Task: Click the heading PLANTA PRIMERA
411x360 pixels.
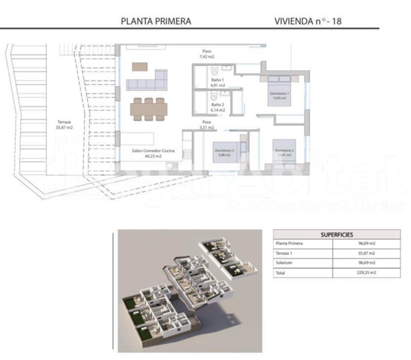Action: pos(156,21)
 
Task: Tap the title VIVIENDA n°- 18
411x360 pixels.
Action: pos(308,21)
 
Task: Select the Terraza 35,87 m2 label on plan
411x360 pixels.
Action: pos(64,125)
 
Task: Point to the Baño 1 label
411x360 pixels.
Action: pos(218,82)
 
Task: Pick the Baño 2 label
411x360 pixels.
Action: pos(218,108)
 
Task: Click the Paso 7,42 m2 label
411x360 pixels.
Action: pos(207,54)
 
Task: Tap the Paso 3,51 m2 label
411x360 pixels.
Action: pos(207,125)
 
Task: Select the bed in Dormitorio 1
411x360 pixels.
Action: pos(279,91)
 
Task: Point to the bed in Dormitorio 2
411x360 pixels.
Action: pos(284,152)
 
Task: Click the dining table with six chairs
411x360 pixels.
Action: pos(149,109)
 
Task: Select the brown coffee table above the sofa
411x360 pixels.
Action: pos(140,67)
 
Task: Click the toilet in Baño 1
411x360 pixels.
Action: pos(214,70)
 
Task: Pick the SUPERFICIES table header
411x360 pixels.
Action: pos(337,235)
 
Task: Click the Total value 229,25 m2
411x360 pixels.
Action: pos(367,273)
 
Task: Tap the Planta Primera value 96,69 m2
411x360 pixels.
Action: pos(367,244)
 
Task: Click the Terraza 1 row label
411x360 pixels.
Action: pos(284,253)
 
